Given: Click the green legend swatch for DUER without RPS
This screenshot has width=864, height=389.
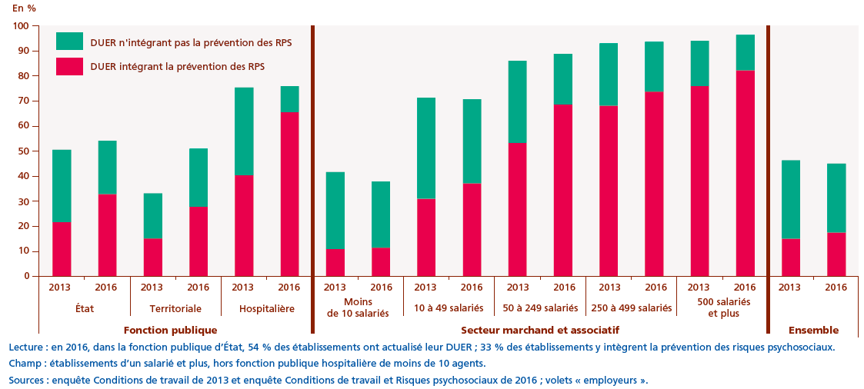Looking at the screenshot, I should click(69, 41).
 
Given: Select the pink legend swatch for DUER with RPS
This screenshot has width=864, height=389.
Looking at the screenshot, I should click(69, 66).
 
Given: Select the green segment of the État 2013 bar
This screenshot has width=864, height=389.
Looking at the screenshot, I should click(62, 186).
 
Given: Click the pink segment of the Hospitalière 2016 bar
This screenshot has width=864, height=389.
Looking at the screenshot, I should click(289, 194).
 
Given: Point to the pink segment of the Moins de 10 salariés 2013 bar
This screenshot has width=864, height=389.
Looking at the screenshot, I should click(335, 262).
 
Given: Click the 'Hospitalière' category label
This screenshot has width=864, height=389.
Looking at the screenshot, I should click(265, 308).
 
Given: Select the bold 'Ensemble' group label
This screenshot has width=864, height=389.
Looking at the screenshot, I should click(813, 330).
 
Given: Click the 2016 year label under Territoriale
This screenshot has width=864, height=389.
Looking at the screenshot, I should click(198, 287).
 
